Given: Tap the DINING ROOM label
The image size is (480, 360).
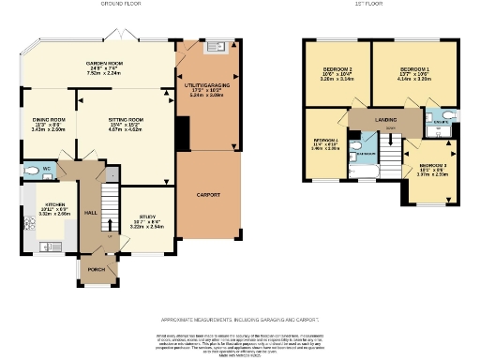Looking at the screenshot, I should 49,120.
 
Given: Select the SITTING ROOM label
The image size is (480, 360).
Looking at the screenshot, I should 127,120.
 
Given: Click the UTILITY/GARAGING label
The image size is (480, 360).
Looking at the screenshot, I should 206,85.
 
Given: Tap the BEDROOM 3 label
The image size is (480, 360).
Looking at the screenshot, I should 433,164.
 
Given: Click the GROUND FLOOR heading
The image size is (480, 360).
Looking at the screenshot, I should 119,4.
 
